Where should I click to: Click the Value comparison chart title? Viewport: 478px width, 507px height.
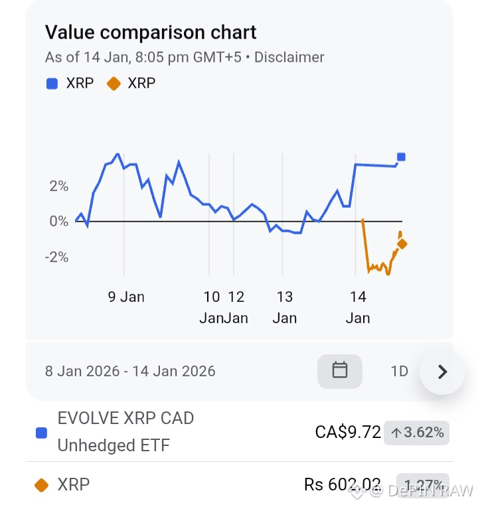pos(151,32)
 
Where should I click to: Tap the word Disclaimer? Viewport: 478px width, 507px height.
pos(289,57)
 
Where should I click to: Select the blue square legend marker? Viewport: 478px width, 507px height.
pos(52,84)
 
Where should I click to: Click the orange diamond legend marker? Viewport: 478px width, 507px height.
pos(113,84)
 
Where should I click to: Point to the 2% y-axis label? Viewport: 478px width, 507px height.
pos(58,186)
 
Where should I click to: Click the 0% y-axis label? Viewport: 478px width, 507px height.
pos(58,221)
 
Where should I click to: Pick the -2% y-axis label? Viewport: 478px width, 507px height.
pos(56,257)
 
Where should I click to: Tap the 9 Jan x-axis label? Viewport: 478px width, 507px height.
pos(126,297)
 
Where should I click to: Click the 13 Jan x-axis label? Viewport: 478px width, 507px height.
pos(285,307)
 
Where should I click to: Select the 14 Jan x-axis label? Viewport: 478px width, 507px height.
pos(358,307)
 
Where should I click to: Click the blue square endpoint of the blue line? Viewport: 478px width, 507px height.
pos(401,157)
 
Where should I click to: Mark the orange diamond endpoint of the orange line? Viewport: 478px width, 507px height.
pos(402,244)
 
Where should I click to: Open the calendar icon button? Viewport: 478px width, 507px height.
pos(340,370)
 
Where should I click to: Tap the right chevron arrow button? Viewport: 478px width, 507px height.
pos(443,372)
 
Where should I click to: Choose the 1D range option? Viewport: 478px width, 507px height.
pos(399,371)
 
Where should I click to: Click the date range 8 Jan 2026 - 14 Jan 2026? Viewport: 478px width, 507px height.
pos(130,371)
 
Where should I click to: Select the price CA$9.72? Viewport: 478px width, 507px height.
pos(348,433)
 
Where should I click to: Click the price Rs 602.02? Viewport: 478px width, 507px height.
pos(343,484)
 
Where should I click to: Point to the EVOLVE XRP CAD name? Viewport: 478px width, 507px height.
pos(126,419)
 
